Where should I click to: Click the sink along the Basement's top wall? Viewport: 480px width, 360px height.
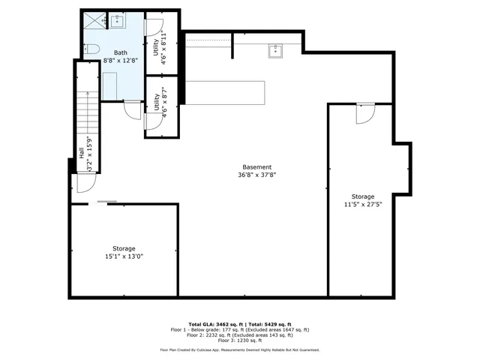[274, 50]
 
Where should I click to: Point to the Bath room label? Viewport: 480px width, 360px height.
[121, 53]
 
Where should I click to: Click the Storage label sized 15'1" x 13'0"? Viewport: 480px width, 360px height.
[124, 248]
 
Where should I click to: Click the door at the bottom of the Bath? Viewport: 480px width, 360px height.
[132, 109]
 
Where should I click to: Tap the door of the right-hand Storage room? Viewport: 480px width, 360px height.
[364, 113]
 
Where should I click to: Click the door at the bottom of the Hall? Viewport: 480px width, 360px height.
[80, 184]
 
